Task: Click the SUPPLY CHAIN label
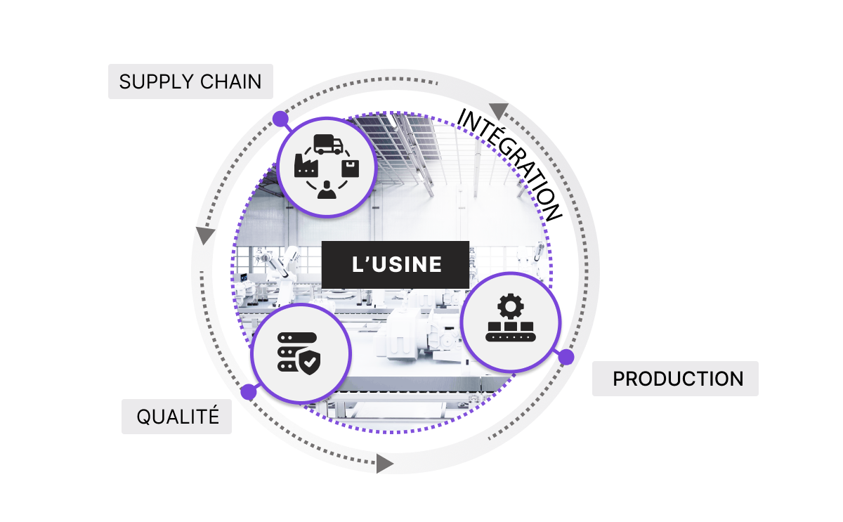coord(190,81)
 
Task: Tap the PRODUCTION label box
coord(675,379)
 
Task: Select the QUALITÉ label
coord(176,417)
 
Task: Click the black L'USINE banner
coord(395,265)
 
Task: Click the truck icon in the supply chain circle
coord(328,144)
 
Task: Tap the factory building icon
coord(306,165)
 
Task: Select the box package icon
coord(350,168)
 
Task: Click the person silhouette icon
coord(327,190)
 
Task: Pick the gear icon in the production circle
coord(510,306)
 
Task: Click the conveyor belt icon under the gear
coord(510,332)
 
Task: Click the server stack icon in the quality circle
coord(293,352)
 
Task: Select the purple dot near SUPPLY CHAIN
coord(280,119)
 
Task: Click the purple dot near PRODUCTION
coord(566,357)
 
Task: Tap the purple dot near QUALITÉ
coord(249,392)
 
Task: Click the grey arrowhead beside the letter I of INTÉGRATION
coord(498,110)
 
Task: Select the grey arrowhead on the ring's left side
coord(205,235)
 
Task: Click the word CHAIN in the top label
coord(230,81)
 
